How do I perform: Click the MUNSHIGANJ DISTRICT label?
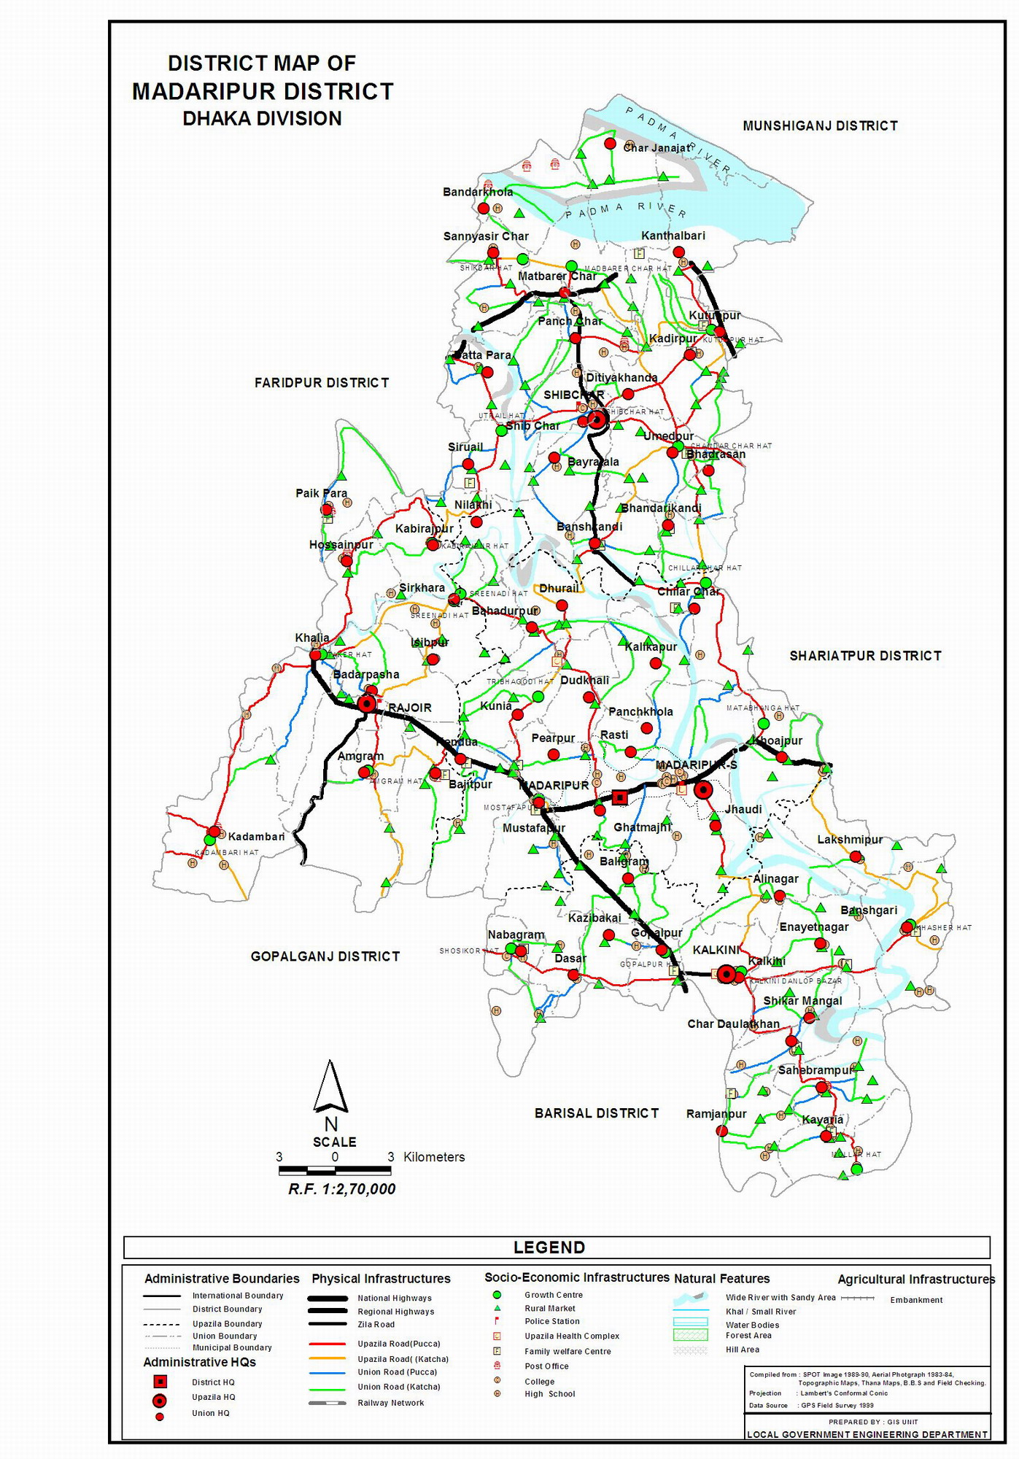click(x=820, y=126)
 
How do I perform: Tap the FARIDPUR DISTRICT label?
click(x=322, y=383)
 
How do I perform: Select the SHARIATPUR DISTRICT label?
click(x=865, y=656)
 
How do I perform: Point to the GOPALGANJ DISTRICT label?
click(x=325, y=956)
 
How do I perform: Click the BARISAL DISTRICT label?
click(x=597, y=1113)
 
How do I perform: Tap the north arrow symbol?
click(x=330, y=1087)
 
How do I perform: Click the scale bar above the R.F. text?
click(x=335, y=1170)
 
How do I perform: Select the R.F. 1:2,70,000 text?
click(x=341, y=1189)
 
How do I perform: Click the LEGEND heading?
click(x=549, y=1247)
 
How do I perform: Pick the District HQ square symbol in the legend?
click(x=160, y=1382)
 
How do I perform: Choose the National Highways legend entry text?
click(x=395, y=1299)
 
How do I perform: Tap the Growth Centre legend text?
click(x=554, y=1295)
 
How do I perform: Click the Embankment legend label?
click(x=916, y=1300)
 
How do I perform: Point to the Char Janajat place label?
click(x=656, y=148)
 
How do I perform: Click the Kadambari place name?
click(x=256, y=837)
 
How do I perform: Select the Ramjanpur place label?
click(x=716, y=1114)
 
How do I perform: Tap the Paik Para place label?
click(x=321, y=493)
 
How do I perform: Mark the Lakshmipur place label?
click(x=850, y=840)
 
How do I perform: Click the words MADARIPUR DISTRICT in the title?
click(x=263, y=92)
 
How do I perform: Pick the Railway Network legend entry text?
click(x=390, y=1403)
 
